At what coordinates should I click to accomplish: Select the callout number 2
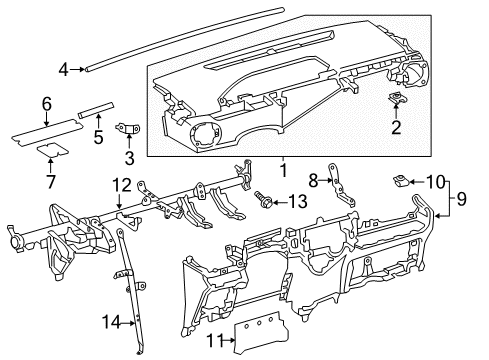click(396, 127)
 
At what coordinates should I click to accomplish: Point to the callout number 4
click(63, 69)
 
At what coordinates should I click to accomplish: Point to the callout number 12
click(120, 183)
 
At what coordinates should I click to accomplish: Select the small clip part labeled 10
click(400, 181)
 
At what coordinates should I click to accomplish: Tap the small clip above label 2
click(395, 100)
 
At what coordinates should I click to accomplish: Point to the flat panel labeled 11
click(268, 331)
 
